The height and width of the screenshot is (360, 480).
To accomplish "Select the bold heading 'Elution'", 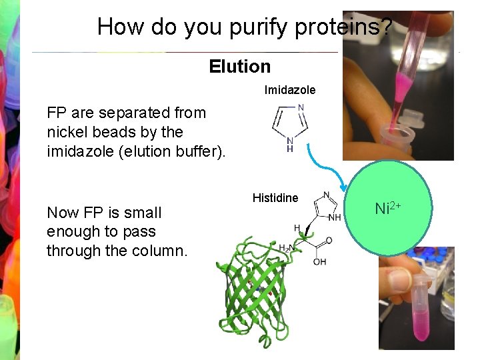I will [240, 66].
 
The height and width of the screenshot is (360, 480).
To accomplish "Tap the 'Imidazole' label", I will [290, 89].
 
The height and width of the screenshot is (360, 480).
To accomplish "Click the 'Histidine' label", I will [275, 198].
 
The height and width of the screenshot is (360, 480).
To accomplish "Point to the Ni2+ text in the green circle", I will [388, 209].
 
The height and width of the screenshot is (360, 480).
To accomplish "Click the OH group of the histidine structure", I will [320, 262].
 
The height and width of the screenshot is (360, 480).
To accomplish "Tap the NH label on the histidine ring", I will [335, 217].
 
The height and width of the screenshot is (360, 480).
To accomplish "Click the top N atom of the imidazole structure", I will [301, 107].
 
